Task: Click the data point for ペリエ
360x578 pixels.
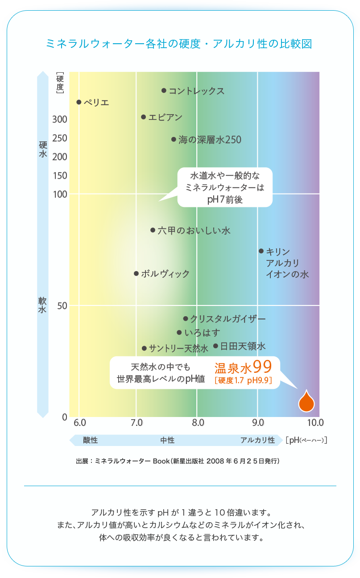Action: coord(79,102)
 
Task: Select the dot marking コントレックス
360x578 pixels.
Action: coord(164,91)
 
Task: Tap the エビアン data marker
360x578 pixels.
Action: coord(144,117)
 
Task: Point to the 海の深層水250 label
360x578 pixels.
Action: coord(210,140)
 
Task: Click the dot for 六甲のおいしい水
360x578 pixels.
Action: coord(153,230)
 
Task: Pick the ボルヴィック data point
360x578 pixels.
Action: coord(137,273)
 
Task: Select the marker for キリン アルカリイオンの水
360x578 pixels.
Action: coord(261,251)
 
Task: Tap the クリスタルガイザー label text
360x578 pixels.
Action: coord(228,319)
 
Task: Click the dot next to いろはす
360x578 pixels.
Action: coord(179,332)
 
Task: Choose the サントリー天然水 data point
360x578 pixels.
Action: coord(144,348)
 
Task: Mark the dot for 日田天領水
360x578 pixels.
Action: coord(215,346)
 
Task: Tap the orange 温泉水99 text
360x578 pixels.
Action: coord(243,367)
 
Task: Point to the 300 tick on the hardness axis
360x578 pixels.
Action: coord(60,120)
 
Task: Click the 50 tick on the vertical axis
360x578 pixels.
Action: coord(62,306)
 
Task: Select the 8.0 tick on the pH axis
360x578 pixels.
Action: coord(198,422)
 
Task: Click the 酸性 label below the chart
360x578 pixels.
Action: coord(90,441)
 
